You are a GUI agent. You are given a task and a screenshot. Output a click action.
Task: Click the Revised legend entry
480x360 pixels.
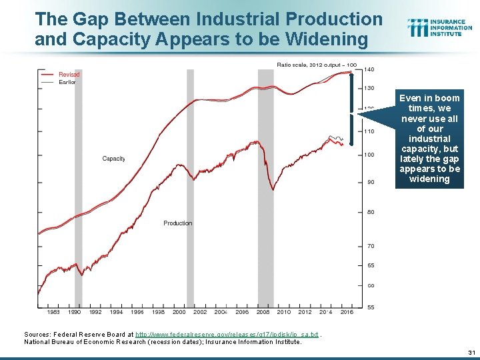(69, 75)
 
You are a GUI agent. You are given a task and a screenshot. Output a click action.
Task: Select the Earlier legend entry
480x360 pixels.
(67, 82)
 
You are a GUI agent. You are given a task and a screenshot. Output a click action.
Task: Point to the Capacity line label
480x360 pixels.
(113, 159)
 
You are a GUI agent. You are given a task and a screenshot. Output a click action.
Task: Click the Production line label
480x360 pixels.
(177, 223)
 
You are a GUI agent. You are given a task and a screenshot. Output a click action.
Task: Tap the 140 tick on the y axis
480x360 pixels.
(369, 69)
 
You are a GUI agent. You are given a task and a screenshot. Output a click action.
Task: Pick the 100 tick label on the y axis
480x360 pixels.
(369, 155)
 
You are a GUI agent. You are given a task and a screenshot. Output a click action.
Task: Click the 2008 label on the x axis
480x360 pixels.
(263, 312)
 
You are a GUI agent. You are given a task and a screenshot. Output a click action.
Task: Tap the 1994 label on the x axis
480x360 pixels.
(116, 312)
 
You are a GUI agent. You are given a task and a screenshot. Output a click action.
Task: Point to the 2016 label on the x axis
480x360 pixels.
(347, 312)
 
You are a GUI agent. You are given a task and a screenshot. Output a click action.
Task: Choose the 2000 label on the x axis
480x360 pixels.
(179, 312)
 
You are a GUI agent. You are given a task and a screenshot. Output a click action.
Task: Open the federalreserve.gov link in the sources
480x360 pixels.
(227, 334)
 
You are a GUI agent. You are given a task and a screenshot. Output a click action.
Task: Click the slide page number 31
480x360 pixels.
(471, 353)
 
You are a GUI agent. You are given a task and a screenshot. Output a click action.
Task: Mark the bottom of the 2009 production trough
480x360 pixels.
(273, 191)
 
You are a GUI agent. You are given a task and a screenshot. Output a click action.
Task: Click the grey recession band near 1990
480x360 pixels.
(78, 187)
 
